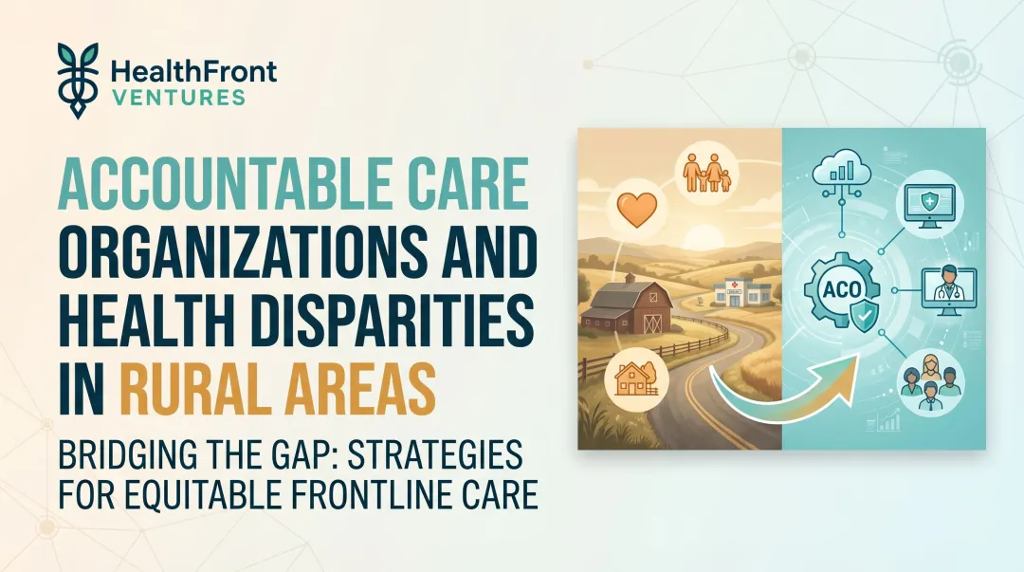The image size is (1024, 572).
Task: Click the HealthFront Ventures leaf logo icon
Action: (75, 75)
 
